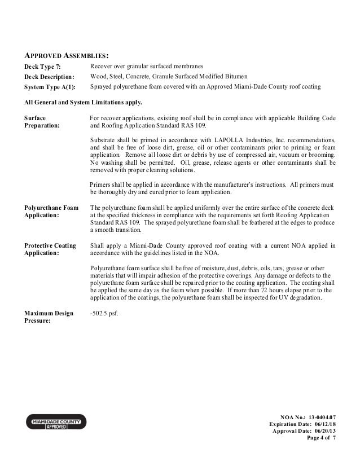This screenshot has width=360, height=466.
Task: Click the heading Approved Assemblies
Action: [x=66, y=56]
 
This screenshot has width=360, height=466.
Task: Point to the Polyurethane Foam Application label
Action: [x=51, y=211]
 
